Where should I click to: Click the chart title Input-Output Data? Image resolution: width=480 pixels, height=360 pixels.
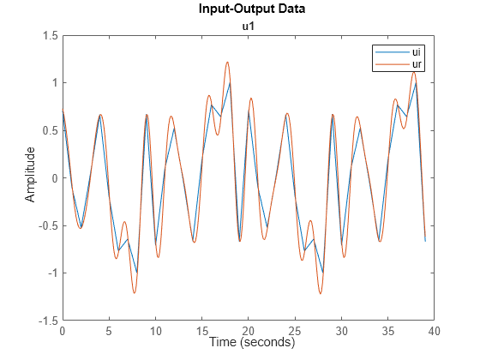(x=248, y=10)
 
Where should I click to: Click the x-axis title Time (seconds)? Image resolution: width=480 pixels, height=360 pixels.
(x=248, y=342)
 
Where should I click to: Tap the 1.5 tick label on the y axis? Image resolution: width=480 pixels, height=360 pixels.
(x=51, y=36)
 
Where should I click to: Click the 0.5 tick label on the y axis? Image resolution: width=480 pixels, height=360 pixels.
(x=51, y=130)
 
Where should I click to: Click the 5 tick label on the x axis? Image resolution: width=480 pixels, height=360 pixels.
(x=109, y=331)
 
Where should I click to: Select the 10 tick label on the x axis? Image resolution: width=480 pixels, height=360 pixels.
(x=155, y=331)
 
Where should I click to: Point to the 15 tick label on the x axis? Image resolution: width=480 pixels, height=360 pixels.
(x=201, y=331)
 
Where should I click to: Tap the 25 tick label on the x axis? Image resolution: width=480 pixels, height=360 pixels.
(x=295, y=331)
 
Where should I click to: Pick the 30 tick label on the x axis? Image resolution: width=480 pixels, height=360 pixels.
(x=341, y=331)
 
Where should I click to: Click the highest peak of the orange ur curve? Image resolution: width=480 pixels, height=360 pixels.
(x=227, y=62)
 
